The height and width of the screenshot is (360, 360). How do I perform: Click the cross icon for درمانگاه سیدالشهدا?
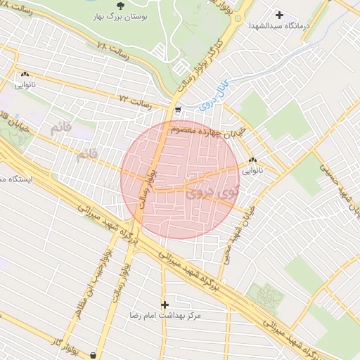[280, 14]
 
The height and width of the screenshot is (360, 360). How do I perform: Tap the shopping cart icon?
[178, 110]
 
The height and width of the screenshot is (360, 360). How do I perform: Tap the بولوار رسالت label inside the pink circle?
[148, 184]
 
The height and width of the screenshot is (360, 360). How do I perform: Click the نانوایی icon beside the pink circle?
[252, 160]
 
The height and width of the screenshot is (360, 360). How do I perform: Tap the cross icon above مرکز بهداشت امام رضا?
[165, 304]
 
